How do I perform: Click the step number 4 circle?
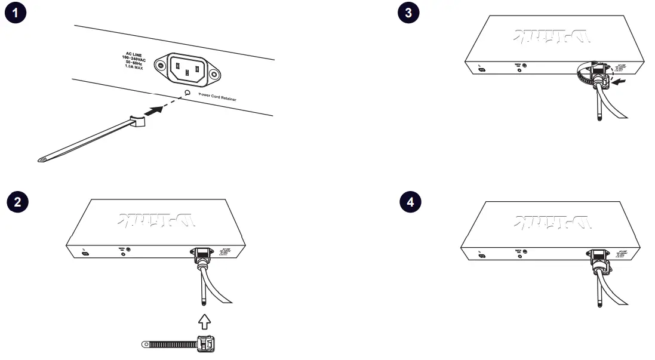pyautogui.click(x=409, y=202)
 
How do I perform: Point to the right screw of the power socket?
pyautogui.click(x=214, y=75)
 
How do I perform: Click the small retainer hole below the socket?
pyautogui.click(x=187, y=93)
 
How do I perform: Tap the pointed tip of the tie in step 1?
pyautogui.click(x=41, y=160)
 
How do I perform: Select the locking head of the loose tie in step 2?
pyautogui.click(x=207, y=344)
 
